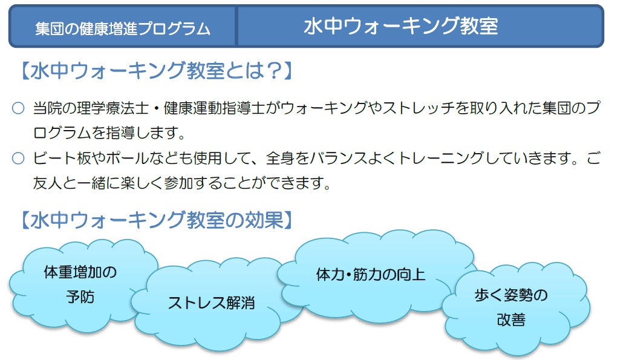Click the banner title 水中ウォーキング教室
pos(401,26)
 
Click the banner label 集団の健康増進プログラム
pos(122,28)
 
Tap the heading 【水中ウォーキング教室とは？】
pos(157,71)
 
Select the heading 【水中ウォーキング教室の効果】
pos(157,220)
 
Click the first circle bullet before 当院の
pos(18,108)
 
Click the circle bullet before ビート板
pos(18,158)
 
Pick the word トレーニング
pos(442,158)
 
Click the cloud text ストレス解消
pos(212,303)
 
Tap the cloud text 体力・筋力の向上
pos(370,275)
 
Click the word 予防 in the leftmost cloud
pos(80,298)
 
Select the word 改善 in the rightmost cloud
pos(511,320)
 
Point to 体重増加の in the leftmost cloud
pos(80,272)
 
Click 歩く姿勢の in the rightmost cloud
pos(511,295)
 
